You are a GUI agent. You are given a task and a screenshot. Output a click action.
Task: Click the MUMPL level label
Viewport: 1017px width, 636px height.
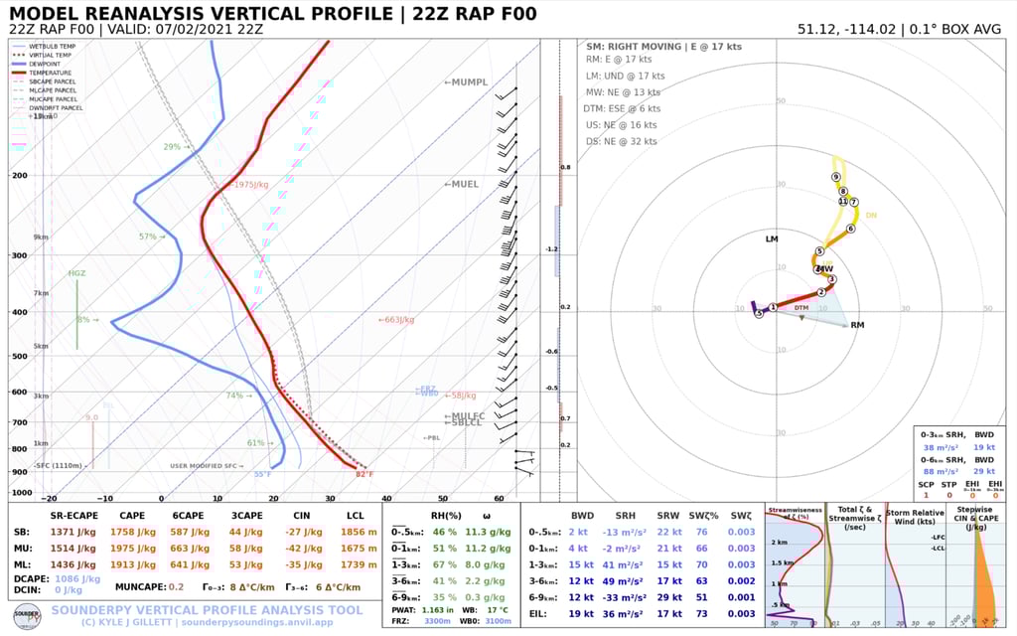(x=466, y=81)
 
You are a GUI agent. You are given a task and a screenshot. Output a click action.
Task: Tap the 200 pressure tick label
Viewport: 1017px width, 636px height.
(x=20, y=176)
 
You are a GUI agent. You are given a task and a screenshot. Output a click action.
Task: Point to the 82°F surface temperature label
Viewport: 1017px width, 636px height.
(x=364, y=474)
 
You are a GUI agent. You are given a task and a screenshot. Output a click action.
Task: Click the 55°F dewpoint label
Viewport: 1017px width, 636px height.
(x=262, y=474)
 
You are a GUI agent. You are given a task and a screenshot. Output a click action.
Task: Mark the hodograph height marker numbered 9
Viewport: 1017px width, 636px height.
(x=836, y=177)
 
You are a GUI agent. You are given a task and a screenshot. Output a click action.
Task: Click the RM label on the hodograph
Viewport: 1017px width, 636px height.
(x=857, y=325)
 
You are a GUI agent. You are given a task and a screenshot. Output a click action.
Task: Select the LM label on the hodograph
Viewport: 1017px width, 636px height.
(x=772, y=239)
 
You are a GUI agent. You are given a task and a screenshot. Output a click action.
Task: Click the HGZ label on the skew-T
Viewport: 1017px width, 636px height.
(x=76, y=273)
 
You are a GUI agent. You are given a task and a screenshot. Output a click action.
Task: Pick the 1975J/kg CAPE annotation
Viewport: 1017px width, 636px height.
(x=250, y=185)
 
